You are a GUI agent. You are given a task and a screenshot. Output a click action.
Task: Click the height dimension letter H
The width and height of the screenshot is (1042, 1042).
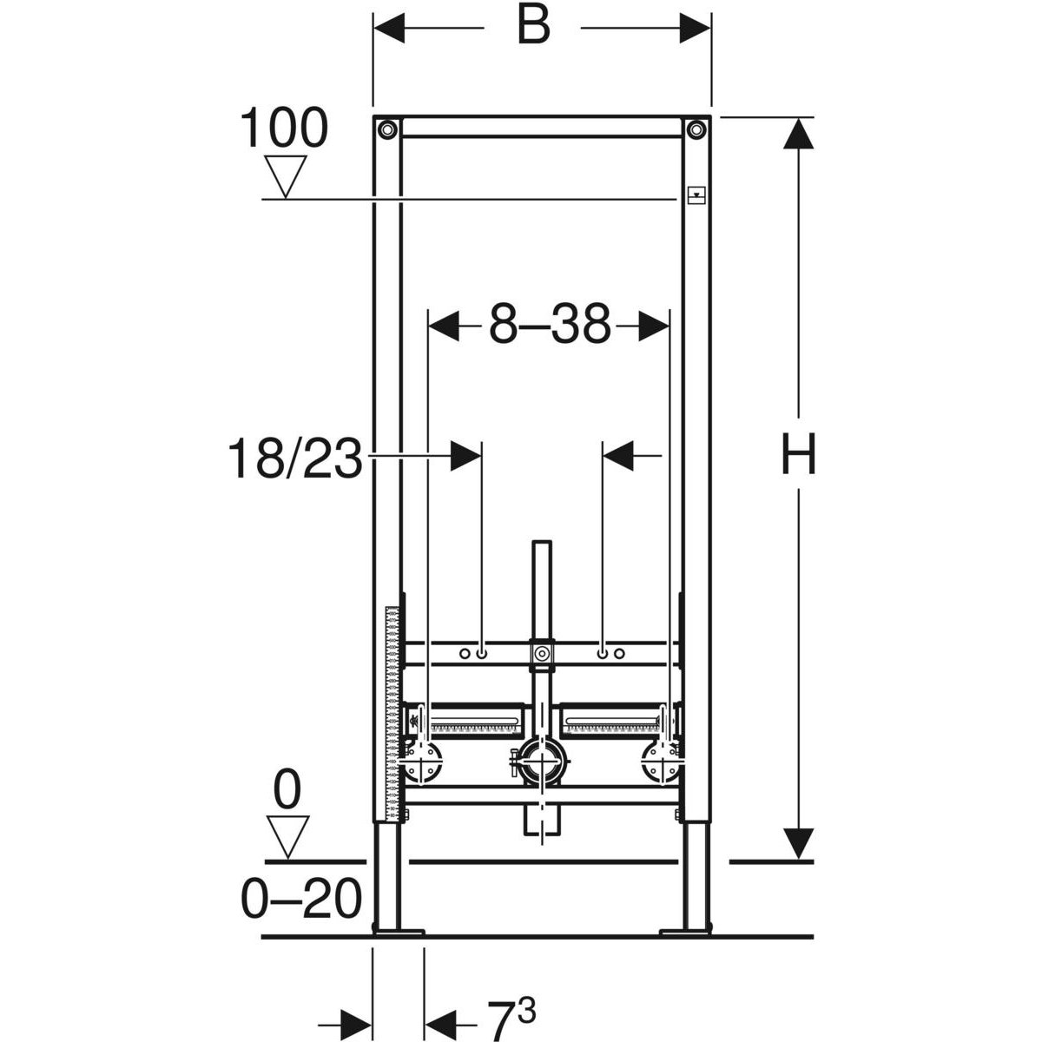coord(798,455)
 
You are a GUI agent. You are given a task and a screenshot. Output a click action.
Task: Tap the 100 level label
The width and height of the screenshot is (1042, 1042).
coord(284,128)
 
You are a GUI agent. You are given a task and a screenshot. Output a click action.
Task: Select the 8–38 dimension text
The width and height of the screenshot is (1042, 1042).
coord(550,325)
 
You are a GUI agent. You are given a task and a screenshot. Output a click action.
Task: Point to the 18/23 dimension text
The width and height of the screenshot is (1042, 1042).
coord(295,458)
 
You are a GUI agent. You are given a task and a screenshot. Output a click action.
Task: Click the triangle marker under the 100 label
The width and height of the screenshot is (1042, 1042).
coord(286,176)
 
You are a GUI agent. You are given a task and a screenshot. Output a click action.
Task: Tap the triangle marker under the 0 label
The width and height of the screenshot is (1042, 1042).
coord(287,838)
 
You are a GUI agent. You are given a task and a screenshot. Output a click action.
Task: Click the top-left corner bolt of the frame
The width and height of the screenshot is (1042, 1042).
coord(387,129)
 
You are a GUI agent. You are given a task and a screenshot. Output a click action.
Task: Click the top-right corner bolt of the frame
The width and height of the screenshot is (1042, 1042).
coord(696,129)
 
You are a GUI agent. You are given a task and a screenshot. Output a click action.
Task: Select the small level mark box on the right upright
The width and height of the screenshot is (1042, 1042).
coord(696,195)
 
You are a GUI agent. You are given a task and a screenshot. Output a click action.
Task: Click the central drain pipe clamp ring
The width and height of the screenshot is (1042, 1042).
coord(542,762)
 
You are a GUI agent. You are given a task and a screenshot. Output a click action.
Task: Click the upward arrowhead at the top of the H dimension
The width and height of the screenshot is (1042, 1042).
coord(799,133)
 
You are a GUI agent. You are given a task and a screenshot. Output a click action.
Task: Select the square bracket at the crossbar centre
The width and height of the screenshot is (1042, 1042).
coord(542,654)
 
